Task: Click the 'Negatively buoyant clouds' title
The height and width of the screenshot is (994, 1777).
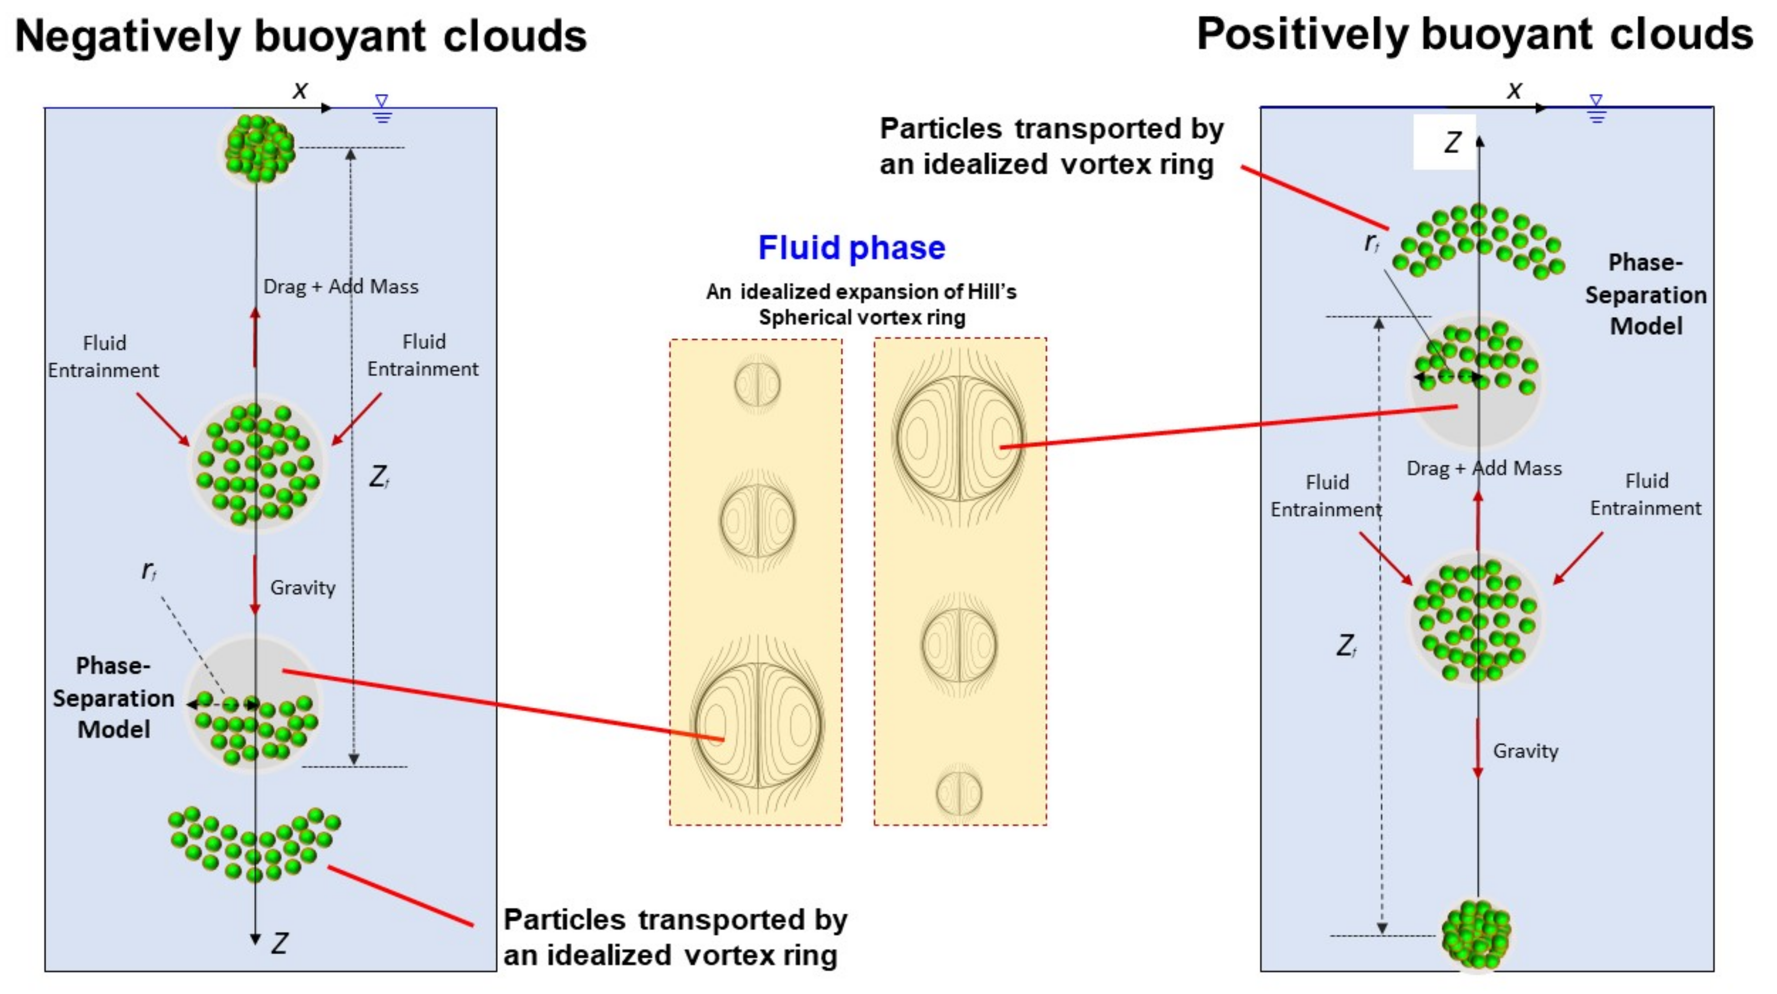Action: pyautogui.click(x=301, y=36)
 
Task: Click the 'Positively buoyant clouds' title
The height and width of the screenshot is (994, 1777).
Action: pyautogui.click(x=1474, y=35)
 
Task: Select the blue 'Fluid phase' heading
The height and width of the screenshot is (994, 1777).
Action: pyautogui.click(x=851, y=247)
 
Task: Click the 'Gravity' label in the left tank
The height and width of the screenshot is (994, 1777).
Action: pyautogui.click(x=302, y=588)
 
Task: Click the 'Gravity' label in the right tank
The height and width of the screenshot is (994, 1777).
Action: pyautogui.click(x=1525, y=751)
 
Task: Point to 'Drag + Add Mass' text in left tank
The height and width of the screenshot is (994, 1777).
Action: pyautogui.click(x=341, y=286)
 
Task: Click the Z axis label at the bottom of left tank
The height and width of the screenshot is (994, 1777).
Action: pyautogui.click(x=279, y=943)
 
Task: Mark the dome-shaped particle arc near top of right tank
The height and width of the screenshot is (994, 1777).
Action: pyautogui.click(x=1479, y=240)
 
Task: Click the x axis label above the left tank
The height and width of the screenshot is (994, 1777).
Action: pyautogui.click(x=299, y=90)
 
